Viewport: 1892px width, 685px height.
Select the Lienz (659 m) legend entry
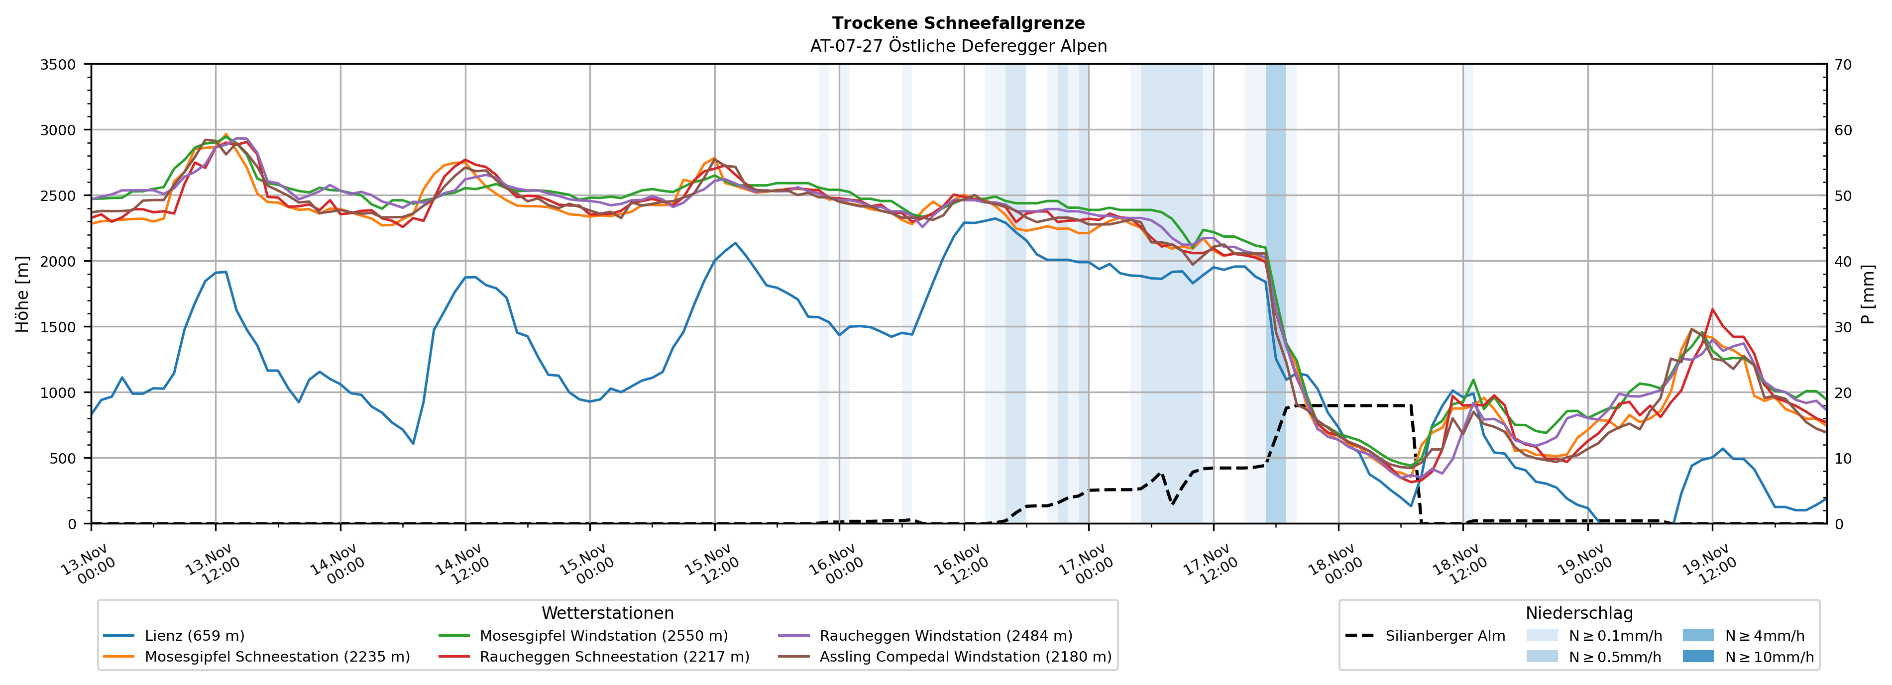point(194,636)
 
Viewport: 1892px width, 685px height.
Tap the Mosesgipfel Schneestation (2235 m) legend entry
point(277,656)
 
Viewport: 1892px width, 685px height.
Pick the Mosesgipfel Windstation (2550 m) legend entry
point(603,636)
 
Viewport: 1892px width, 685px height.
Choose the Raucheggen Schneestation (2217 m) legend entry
point(614,656)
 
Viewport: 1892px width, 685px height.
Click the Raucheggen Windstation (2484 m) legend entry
point(945,636)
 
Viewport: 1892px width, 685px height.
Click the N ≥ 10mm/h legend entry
point(1769,656)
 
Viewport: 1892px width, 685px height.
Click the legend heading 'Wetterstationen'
point(607,613)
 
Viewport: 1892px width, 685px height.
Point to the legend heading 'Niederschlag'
point(1579,613)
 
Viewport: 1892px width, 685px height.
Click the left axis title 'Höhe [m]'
point(23,294)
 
